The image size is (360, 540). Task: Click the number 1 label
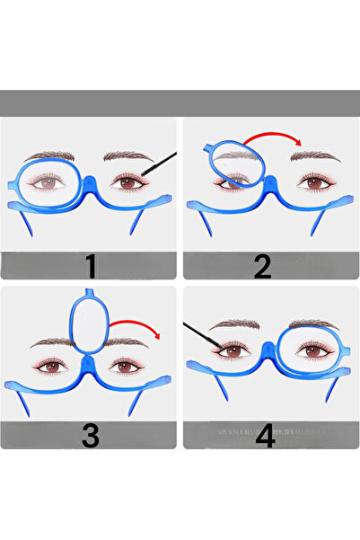[90, 267]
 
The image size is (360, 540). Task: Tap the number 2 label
[263, 267]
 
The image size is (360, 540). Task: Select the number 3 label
[90, 435]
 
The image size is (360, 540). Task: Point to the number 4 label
[264, 436]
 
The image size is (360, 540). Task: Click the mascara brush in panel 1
[158, 164]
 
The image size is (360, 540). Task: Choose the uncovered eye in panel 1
[133, 182]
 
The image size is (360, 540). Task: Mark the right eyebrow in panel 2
[314, 156]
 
